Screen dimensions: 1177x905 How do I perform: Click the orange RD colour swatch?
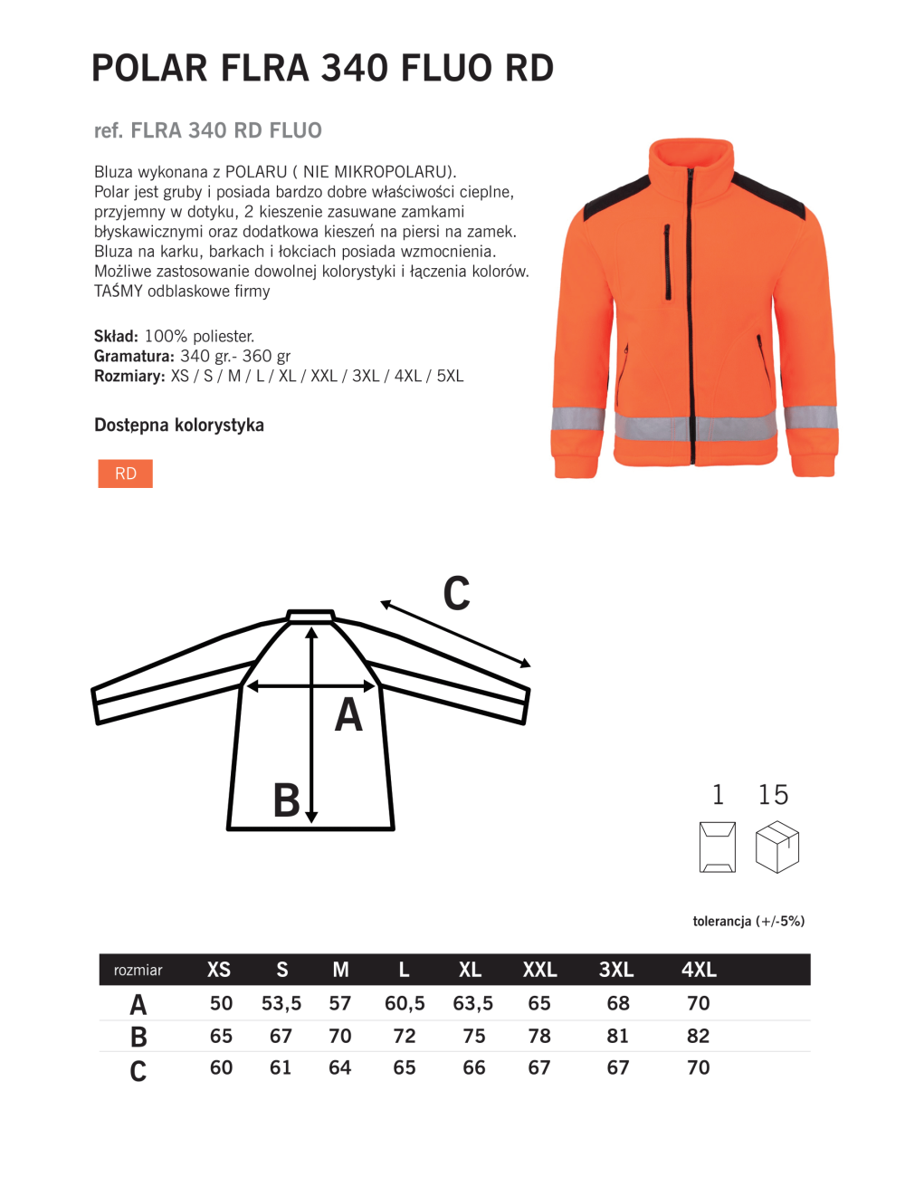125,474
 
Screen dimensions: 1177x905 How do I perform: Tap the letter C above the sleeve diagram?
456,594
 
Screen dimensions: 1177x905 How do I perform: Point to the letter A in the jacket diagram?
348,715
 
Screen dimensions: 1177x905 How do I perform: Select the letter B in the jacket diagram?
286,800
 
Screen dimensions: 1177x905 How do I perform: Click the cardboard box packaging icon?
777,847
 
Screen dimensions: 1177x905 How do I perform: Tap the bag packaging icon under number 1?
718,847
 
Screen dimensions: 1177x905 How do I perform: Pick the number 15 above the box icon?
773,795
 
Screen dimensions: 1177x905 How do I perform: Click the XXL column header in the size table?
539,970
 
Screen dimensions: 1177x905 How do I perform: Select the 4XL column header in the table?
699,970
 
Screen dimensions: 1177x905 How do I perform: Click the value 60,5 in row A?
405,1003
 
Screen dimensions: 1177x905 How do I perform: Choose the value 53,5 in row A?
281,1003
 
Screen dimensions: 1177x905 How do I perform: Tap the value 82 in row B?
699,1036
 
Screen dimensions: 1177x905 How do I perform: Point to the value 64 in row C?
340,1067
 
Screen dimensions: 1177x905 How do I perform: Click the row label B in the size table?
138,1037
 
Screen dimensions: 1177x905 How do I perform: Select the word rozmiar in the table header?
138,971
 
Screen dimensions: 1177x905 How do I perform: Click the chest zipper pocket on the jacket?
667,263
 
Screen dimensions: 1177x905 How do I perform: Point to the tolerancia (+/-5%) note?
748,922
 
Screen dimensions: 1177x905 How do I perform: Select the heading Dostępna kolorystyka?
179,425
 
